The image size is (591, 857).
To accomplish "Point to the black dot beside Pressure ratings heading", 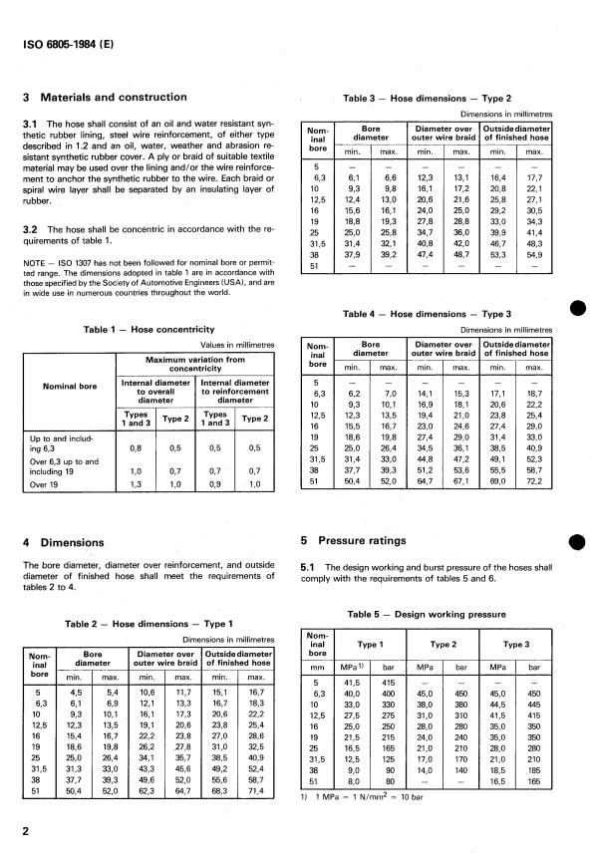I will coord(575,541).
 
